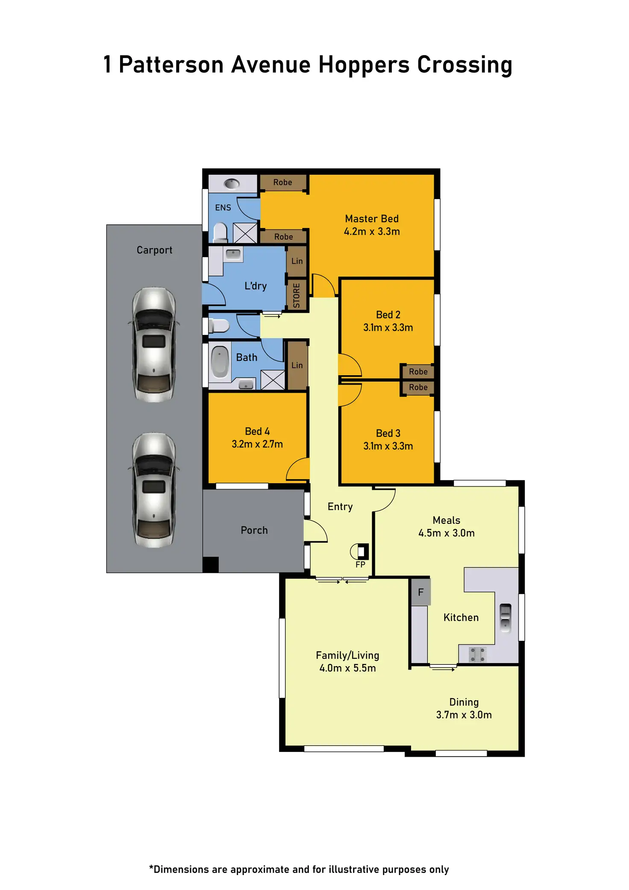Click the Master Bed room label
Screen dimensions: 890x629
(x=372, y=219)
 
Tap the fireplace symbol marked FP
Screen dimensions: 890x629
(x=360, y=552)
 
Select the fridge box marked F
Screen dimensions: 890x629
(x=421, y=592)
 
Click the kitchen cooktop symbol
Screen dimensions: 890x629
(x=477, y=654)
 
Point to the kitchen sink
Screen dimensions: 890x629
(x=505, y=618)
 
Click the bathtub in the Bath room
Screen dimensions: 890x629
(x=220, y=362)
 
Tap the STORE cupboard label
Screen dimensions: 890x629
(x=297, y=295)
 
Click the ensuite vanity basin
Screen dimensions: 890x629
(x=232, y=184)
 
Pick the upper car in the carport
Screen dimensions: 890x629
(x=154, y=344)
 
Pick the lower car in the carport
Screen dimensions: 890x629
(x=154, y=490)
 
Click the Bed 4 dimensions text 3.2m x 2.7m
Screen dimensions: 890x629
(x=257, y=444)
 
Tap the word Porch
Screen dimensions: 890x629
(x=254, y=530)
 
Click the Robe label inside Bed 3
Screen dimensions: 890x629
(x=418, y=388)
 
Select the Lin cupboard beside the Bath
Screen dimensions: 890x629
(x=297, y=365)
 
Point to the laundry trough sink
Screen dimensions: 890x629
(x=233, y=254)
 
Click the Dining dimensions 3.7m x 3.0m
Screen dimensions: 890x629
(x=464, y=715)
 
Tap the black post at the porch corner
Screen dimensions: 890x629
(x=210, y=564)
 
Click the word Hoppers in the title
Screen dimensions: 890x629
(x=364, y=65)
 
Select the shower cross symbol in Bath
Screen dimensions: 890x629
(x=273, y=380)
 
